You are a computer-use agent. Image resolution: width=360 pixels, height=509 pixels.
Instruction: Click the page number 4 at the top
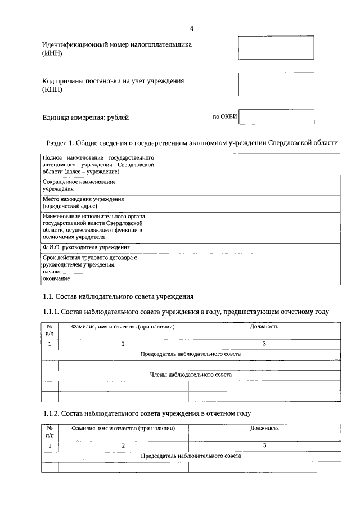tap(191, 29)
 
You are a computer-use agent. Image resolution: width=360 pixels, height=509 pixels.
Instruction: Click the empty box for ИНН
tap(276, 48)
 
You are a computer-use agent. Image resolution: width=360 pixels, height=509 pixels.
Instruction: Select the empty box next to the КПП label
tap(276, 84)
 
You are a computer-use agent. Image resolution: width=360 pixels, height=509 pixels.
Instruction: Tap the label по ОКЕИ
tap(225, 116)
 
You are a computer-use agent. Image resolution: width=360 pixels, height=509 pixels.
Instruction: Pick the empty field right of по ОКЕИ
tap(277, 116)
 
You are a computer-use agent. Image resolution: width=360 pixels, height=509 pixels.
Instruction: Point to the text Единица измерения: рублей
tap(85, 118)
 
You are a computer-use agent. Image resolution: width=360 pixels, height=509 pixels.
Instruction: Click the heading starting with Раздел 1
tap(191, 143)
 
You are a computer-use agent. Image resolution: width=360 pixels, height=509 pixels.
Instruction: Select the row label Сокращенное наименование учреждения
tap(79, 186)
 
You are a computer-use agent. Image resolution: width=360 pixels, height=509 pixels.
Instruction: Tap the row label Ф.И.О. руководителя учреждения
tap(86, 247)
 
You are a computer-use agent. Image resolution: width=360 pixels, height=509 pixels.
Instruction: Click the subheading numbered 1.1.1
tap(186, 312)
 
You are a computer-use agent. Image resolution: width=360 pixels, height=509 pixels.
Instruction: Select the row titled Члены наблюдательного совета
tap(191, 375)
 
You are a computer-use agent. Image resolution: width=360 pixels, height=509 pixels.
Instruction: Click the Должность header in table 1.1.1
tap(264, 327)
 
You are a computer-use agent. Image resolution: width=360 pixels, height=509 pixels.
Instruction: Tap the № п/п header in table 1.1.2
tap(49, 432)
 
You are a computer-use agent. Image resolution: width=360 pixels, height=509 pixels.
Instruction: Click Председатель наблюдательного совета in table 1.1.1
tap(191, 354)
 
